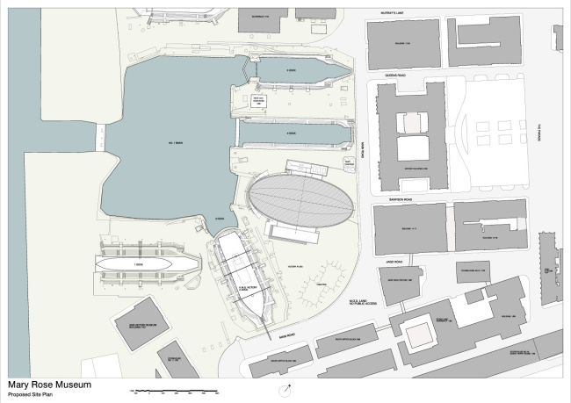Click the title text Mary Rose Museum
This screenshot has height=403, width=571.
click(48, 384)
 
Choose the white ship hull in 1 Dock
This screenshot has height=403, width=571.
click(137, 263)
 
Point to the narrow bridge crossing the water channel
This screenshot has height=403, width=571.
click(100, 136)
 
